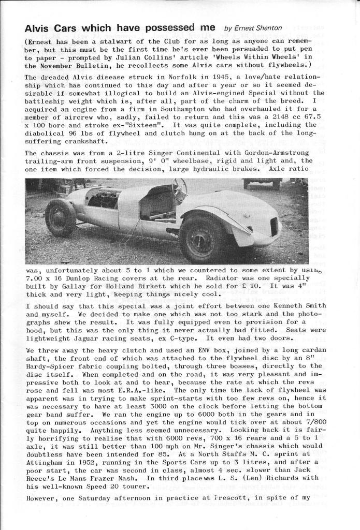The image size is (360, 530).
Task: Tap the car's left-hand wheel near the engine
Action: (x=60, y=217)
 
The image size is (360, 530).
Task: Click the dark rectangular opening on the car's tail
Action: (x=274, y=226)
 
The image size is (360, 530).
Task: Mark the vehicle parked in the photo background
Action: (x=262, y=183)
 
